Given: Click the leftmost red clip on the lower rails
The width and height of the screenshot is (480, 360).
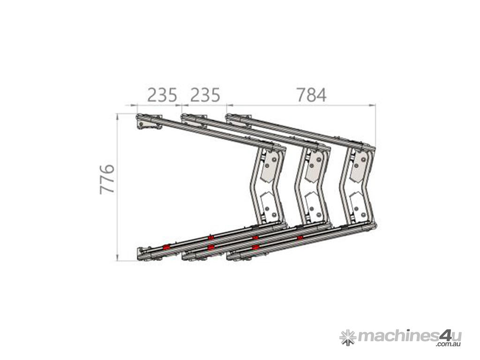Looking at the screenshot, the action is (166, 247).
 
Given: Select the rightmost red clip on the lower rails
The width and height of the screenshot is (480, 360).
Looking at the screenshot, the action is (300, 238).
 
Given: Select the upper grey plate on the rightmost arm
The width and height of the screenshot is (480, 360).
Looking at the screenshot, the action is (358, 167).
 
